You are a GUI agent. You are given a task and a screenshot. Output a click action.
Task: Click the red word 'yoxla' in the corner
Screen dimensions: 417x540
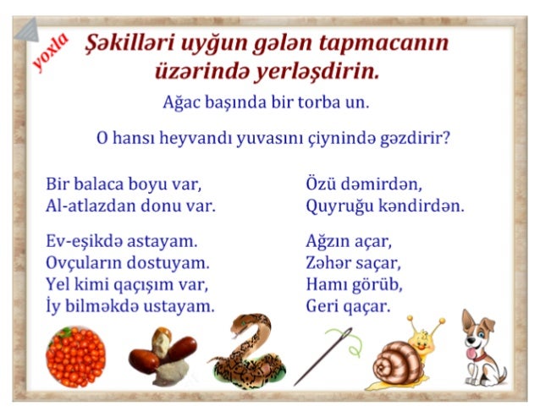50,52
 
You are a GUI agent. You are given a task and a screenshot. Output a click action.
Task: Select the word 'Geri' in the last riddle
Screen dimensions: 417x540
323,306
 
